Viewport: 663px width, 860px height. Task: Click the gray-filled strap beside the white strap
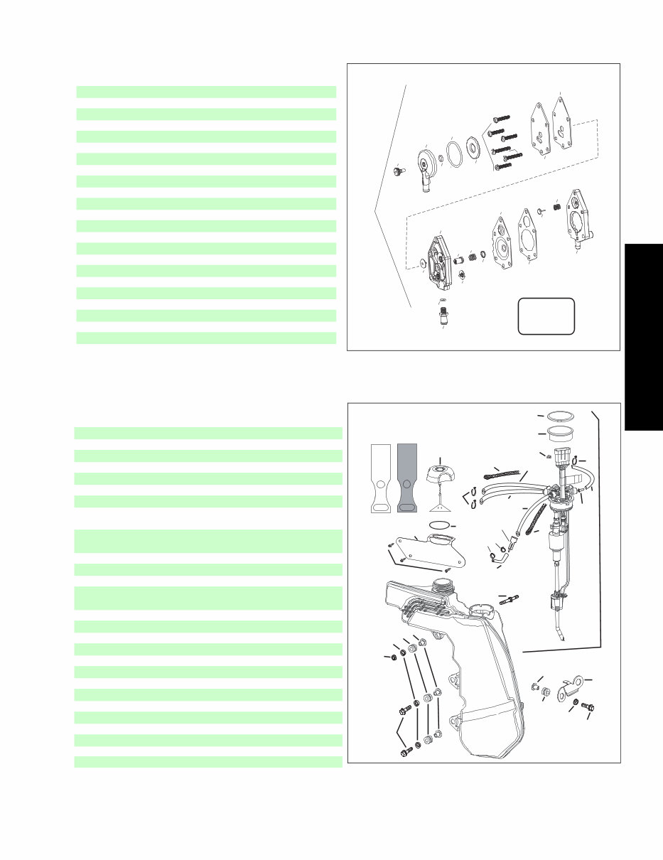[x=408, y=478]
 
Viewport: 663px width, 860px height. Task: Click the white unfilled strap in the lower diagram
[x=382, y=478]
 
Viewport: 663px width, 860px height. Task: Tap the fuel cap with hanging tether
[x=441, y=475]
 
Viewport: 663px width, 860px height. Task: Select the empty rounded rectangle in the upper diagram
[x=546, y=316]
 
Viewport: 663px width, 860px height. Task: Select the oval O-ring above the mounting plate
[x=441, y=525]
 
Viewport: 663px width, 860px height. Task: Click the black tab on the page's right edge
[x=644, y=337]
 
